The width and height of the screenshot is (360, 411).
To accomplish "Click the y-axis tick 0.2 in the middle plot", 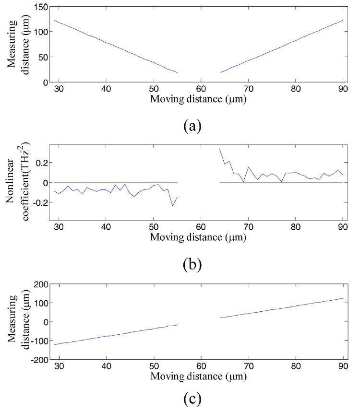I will click(40, 163).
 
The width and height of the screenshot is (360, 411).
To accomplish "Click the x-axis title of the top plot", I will click(199, 99).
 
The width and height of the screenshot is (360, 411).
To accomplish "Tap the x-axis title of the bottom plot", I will click(199, 376).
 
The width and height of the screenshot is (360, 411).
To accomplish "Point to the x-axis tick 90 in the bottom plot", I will click(342, 366).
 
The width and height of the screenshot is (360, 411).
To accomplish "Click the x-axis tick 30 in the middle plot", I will click(59, 226).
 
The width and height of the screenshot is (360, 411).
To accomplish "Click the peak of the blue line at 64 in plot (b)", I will click(219, 149).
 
